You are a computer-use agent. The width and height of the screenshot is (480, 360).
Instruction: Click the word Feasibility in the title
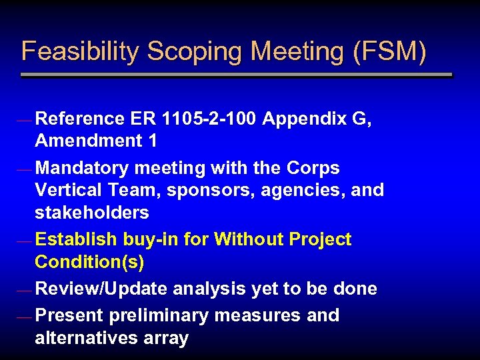click(x=81, y=52)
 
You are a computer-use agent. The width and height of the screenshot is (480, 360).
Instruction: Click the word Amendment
click(x=80, y=141)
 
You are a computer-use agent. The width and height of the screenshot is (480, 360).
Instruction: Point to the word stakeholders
click(x=91, y=213)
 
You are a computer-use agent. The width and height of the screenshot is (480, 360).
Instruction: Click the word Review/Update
click(x=101, y=289)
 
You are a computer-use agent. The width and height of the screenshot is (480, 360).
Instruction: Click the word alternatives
click(x=87, y=338)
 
